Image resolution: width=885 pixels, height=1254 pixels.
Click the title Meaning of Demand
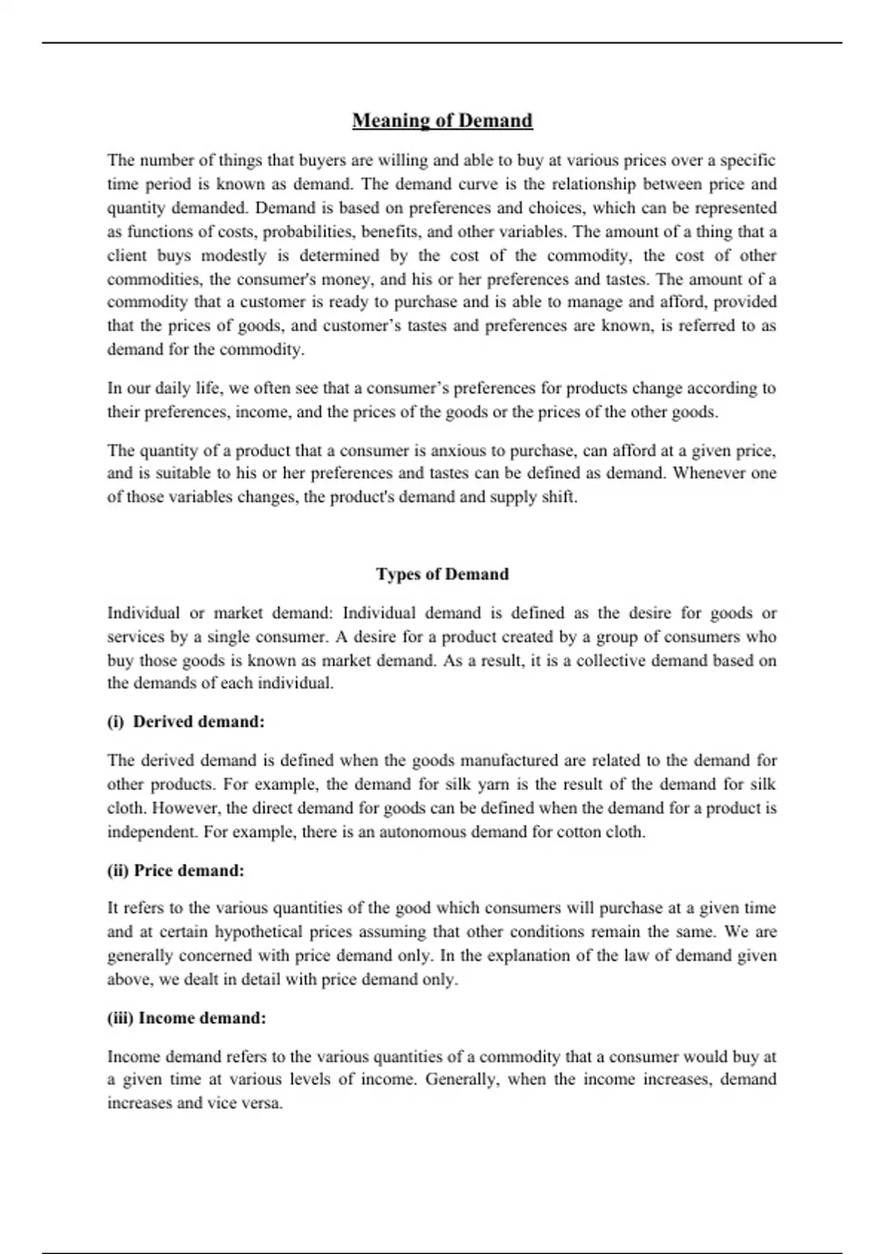click(442, 120)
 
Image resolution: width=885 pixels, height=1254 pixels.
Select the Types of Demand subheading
click(442, 574)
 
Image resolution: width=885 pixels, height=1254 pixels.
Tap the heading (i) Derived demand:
click(186, 721)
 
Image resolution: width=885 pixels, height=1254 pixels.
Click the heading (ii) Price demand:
click(176, 870)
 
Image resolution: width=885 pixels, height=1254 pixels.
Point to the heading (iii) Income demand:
click(187, 1018)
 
